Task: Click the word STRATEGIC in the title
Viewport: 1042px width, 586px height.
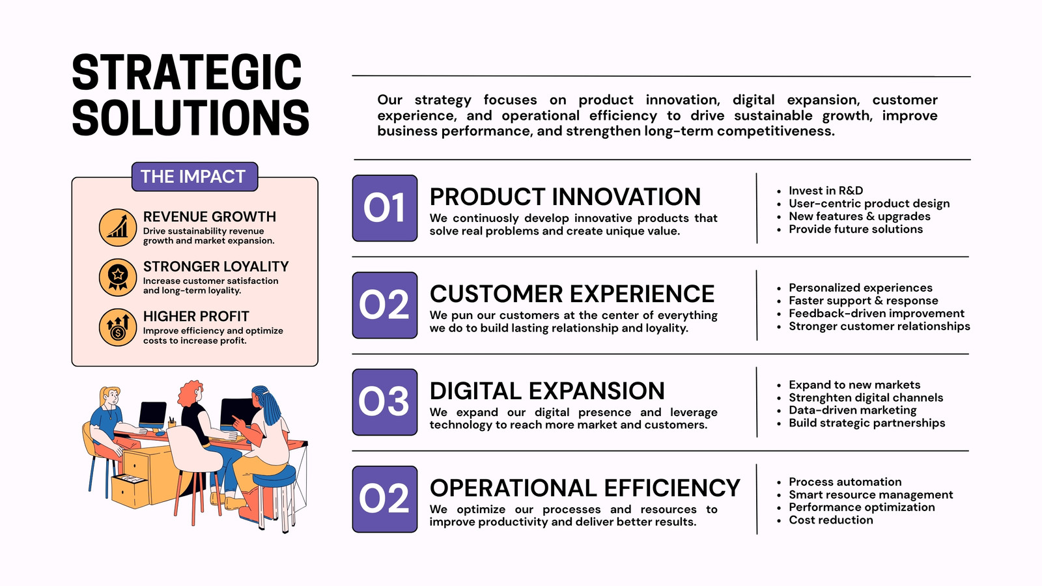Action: tap(187, 72)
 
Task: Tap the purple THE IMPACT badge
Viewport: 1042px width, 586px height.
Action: tap(195, 176)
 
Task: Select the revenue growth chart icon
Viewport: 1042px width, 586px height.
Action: tap(118, 227)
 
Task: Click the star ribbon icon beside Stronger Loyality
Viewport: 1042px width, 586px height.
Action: tap(118, 277)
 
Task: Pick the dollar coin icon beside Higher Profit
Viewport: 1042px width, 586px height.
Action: tap(118, 328)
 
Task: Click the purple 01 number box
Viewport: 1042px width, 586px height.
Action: tap(385, 208)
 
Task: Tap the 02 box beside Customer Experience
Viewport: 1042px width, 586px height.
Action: tap(385, 305)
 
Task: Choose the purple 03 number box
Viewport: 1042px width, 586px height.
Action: tap(385, 402)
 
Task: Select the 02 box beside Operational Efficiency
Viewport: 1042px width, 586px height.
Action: tap(385, 499)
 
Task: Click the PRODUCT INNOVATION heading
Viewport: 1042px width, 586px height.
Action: tap(565, 197)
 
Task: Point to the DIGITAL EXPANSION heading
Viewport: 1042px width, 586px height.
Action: tap(547, 391)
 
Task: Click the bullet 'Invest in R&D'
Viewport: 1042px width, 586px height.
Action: tap(826, 191)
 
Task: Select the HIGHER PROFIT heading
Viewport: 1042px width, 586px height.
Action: tap(196, 316)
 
